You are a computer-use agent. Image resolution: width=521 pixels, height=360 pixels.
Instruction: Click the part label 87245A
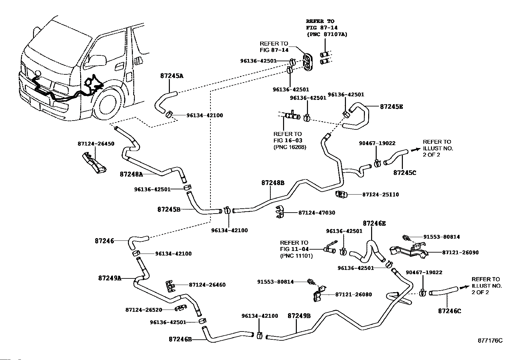pos(172,76)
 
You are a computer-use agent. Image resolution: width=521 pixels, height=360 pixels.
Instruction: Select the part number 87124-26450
pos(96,144)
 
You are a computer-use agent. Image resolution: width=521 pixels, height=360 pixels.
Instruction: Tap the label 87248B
pos(273,183)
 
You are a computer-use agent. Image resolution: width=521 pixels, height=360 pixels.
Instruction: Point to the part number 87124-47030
pos(316,213)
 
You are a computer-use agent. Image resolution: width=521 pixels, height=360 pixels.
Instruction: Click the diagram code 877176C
pos(490,341)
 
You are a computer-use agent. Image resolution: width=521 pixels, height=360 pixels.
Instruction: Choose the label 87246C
pos(449,311)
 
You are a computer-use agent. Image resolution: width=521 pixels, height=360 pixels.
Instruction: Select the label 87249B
pos(299,316)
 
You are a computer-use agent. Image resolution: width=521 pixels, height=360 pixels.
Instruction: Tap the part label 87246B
pos(180,339)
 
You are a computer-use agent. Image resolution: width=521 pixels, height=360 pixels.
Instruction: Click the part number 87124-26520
pos(144,310)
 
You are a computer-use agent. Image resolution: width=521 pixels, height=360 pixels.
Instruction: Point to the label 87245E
pos(391,106)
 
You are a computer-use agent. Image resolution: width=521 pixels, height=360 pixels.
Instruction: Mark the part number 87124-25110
pos(381,195)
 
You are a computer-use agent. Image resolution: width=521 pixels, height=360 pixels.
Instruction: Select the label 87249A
pos(110,278)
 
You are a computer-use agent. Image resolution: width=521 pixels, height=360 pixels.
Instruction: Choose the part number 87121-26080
pos(353,294)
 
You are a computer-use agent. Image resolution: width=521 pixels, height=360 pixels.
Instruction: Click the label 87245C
pos(404,172)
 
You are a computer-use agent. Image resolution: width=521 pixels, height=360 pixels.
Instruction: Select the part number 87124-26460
pos(207,285)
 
